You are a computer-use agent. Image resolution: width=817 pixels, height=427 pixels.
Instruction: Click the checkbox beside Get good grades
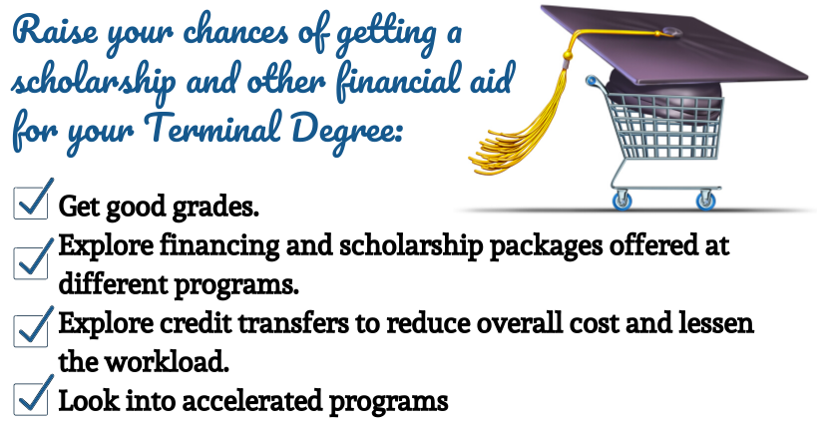pyautogui.click(x=30, y=203)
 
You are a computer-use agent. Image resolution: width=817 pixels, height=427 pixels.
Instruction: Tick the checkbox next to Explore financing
pyautogui.click(x=30, y=262)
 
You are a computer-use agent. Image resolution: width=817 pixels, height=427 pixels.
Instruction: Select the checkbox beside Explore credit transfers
pyautogui.click(x=30, y=330)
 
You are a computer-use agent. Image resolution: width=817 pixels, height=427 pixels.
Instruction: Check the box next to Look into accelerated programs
pyautogui.click(x=30, y=399)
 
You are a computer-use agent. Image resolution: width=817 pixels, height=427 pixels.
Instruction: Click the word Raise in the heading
pyautogui.click(x=55, y=30)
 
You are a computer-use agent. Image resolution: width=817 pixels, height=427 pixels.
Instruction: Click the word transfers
pyautogui.click(x=293, y=322)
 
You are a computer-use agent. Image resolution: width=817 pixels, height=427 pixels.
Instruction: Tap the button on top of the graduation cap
pyautogui.click(x=671, y=32)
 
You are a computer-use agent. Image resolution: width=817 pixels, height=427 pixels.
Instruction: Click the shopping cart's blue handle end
pyautogui.click(x=592, y=80)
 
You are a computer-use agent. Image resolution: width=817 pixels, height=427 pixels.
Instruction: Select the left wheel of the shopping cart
pyautogui.click(x=622, y=202)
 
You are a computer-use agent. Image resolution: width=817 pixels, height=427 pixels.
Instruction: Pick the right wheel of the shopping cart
pyautogui.click(x=705, y=202)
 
